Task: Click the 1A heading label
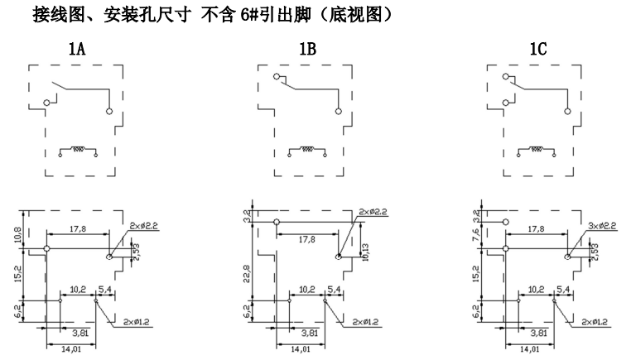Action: tap(77, 50)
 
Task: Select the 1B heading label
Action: tap(307, 50)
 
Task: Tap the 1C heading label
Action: tap(537, 50)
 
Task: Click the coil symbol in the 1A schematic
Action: tap(78, 151)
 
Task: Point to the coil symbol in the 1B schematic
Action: tap(307, 151)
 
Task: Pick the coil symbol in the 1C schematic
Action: tap(537, 151)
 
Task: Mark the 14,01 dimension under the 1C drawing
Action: tap(525, 349)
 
